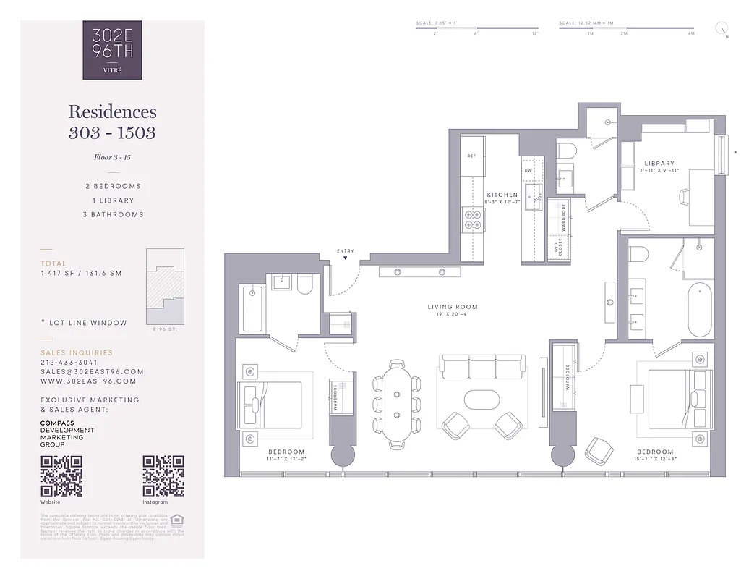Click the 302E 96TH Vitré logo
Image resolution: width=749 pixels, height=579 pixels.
tap(112, 50)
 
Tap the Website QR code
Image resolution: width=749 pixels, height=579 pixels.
tap(61, 476)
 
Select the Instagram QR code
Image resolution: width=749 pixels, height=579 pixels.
tap(163, 476)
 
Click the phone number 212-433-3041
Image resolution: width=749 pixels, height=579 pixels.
tap(68, 363)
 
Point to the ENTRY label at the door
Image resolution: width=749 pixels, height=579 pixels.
tap(346, 251)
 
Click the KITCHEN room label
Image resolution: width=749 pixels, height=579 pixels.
tap(502, 195)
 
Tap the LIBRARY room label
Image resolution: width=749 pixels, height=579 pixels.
tap(659, 164)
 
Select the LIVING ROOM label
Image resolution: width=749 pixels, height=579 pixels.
tap(453, 307)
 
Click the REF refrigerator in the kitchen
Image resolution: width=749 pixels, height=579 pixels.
tap(471, 156)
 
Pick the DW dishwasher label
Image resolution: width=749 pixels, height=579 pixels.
tap(528, 171)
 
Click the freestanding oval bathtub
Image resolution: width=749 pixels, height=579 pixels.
tap(699, 309)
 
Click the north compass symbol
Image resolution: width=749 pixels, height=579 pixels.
tap(721, 29)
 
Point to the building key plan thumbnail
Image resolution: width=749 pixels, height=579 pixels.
tap(165, 287)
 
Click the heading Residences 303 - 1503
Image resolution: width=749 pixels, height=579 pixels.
tap(112, 122)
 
